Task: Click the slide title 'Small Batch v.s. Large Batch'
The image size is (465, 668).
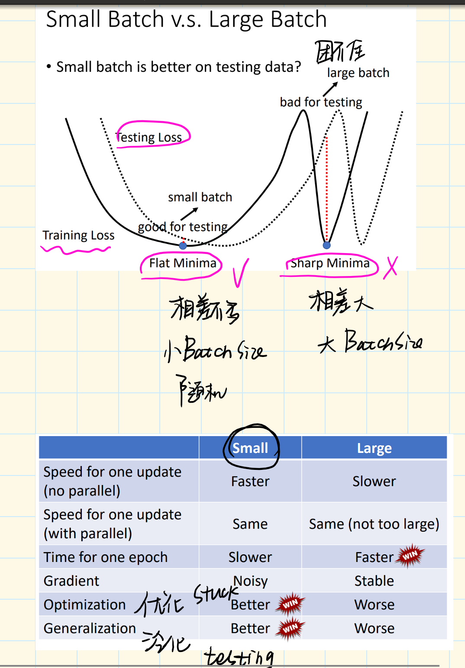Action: coord(186,19)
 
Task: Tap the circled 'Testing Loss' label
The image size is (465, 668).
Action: coord(149,137)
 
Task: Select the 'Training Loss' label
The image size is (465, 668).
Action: coord(78,235)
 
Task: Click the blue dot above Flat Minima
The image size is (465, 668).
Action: coord(183,246)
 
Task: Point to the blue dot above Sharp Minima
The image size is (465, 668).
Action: coord(327,245)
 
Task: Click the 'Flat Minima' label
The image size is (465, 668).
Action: coord(183,263)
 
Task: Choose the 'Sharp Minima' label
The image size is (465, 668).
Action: coord(330,263)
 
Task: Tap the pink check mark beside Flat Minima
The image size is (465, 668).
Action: coord(240,273)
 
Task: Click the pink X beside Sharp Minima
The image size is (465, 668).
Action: coord(391,267)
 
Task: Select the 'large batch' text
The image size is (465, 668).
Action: coord(358,73)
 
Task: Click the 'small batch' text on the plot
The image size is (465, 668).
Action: coord(200,197)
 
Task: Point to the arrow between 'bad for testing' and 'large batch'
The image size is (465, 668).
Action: coord(330,89)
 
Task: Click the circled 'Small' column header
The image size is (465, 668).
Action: coord(250,448)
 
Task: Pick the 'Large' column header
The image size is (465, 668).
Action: coord(374,448)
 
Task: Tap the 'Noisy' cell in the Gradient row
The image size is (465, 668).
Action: coord(251,581)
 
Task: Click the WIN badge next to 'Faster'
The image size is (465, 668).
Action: coord(410,555)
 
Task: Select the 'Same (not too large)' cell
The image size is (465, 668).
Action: coord(374,524)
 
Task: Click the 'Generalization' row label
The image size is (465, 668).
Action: coord(90,628)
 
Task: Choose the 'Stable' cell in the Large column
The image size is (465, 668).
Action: coord(374,581)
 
